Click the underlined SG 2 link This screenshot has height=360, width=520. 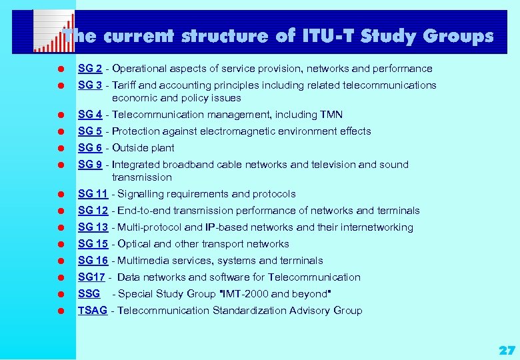[x=89, y=69]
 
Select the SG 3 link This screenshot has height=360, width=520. [x=89, y=85]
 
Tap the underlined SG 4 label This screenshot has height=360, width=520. [x=89, y=115]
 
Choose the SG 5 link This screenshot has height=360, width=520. [x=89, y=131]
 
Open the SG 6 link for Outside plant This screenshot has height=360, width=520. [x=89, y=148]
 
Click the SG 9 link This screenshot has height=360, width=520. [x=89, y=165]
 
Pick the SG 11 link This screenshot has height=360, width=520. [x=93, y=194]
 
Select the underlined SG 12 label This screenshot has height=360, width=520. [x=93, y=211]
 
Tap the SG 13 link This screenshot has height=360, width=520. [x=93, y=227]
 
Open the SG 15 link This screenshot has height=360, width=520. [x=93, y=244]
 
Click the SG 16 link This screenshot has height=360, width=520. [x=93, y=261]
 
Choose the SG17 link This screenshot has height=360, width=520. [x=91, y=277]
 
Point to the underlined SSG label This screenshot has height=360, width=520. [x=89, y=294]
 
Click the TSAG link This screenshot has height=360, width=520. [x=93, y=311]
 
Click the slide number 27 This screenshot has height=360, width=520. [x=507, y=350]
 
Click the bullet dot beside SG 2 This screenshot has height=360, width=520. [x=60, y=69]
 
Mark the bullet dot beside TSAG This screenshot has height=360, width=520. [x=60, y=311]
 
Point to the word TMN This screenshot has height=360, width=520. [x=331, y=115]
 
